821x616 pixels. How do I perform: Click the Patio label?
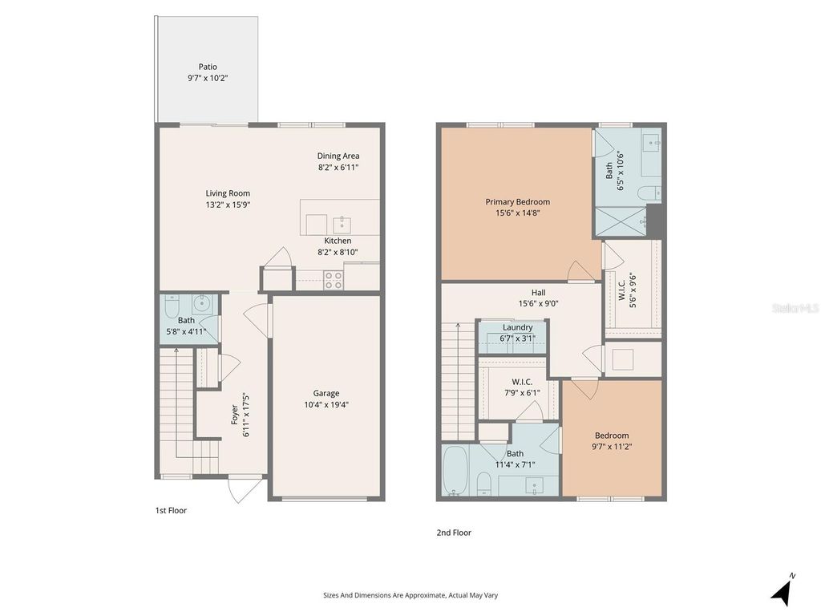208,67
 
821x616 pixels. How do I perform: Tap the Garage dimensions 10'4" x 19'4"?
326,405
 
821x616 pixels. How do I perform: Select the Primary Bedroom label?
517,202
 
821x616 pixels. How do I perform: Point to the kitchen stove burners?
334,280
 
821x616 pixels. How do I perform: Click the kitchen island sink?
343,224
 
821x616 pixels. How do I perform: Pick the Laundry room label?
517,327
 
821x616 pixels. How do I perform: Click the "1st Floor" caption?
171,510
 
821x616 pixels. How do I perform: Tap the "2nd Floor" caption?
455,533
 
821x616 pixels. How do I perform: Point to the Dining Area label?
338,156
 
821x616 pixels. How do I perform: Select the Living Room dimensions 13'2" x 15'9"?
228,205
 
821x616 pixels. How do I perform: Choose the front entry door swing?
244,488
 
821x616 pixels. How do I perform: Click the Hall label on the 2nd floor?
538,293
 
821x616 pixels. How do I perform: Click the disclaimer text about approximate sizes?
410,595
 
